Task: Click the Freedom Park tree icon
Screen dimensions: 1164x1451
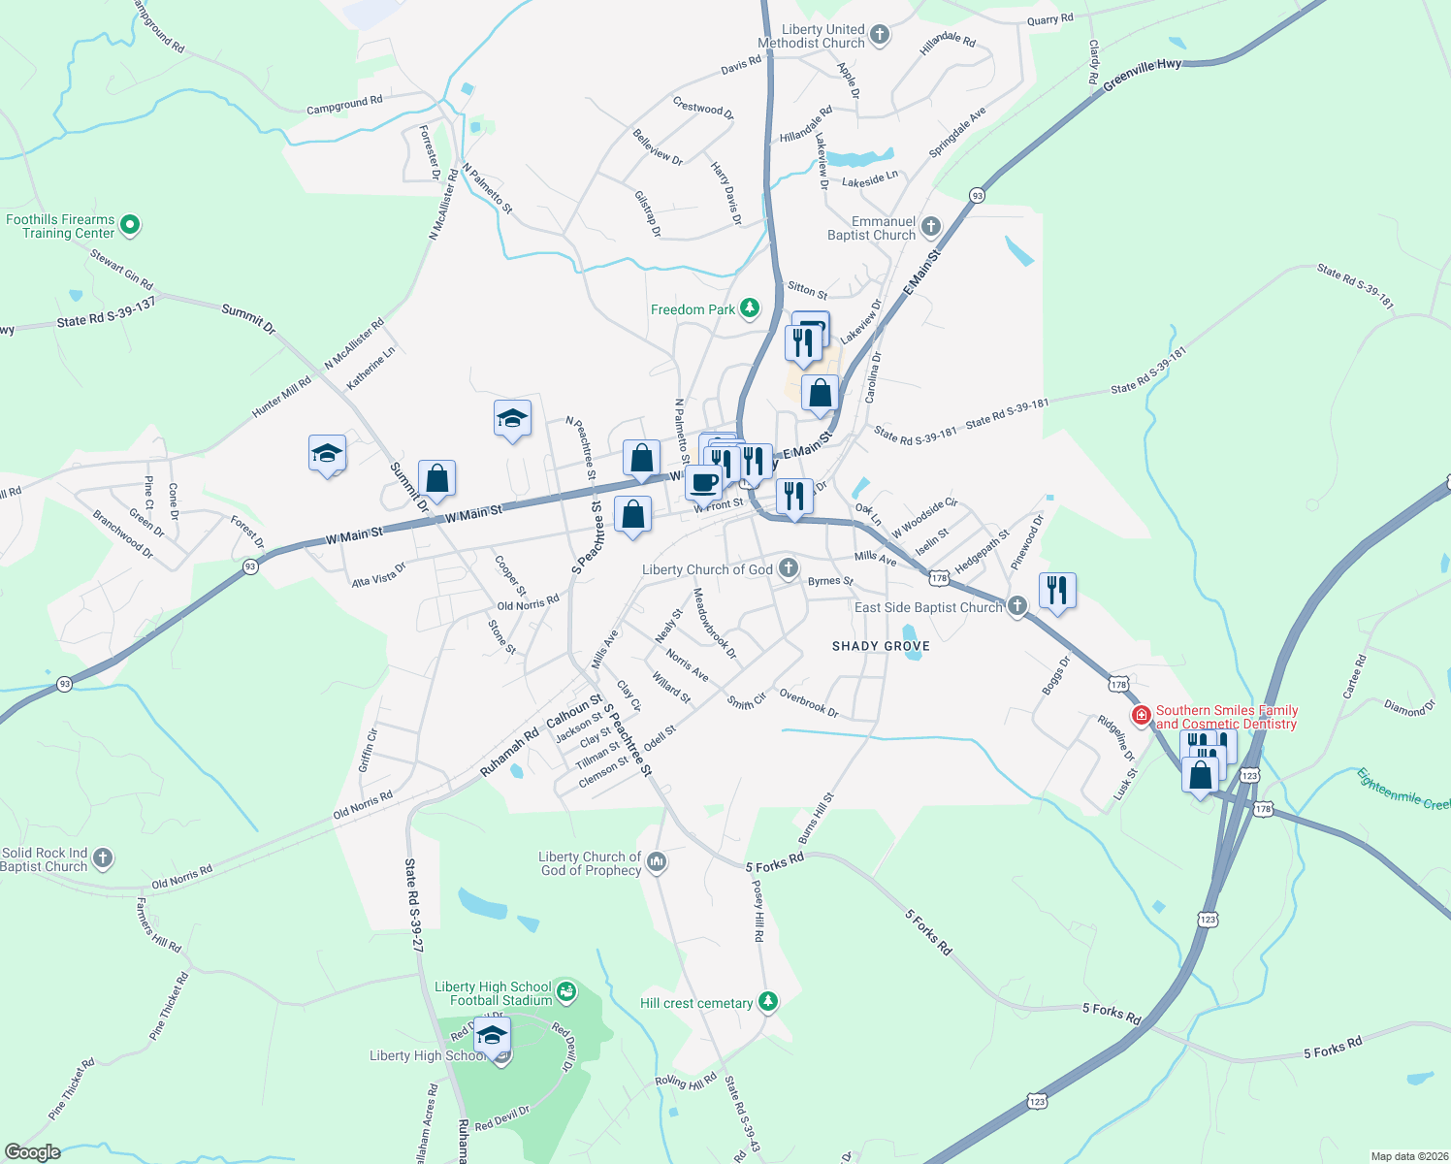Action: click(x=749, y=308)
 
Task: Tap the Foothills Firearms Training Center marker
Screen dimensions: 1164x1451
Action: click(x=130, y=226)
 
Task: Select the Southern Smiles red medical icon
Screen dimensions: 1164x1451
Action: click(x=1142, y=717)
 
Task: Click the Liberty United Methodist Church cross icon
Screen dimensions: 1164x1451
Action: click(x=880, y=36)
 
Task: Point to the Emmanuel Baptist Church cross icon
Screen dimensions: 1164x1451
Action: click(x=930, y=228)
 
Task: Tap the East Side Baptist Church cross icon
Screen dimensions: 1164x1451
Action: click(x=1016, y=607)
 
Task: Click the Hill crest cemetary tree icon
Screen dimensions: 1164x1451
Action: click(x=768, y=1002)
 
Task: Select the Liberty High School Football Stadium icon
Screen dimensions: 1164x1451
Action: click(x=566, y=992)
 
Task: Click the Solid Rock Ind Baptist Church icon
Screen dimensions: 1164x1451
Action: click(x=103, y=858)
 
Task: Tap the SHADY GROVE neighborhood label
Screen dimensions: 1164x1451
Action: click(x=881, y=646)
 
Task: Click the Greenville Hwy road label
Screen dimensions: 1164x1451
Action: click(x=1143, y=75)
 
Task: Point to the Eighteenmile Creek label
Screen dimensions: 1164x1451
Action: click(x=1403, y=790)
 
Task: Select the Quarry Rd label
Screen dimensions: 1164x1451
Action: click(x=1049, y=19)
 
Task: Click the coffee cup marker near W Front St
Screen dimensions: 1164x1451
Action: click(x=704, y=482)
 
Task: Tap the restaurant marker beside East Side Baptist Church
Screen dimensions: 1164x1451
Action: click(x=1057, y=590)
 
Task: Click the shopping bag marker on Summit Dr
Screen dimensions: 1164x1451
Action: click(x=436, y=478)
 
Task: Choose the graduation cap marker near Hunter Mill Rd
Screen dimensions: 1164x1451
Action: click(x=327, y=453)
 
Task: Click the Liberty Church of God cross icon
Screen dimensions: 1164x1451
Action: click(x=789, y=567)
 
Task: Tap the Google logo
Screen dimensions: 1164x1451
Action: click(x=33, y=1152)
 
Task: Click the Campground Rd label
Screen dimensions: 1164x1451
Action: click(x=344, y=105)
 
